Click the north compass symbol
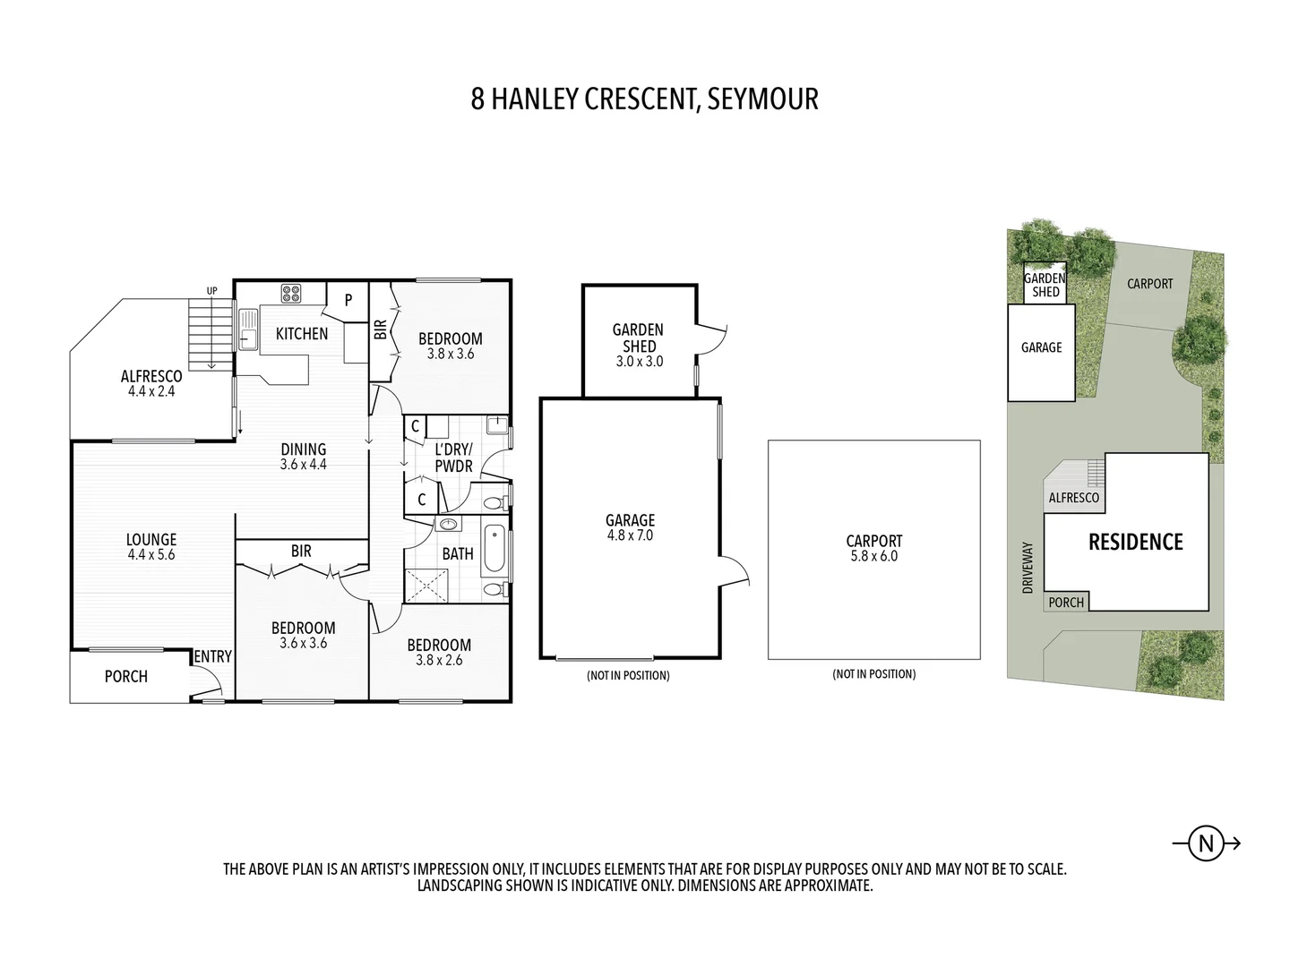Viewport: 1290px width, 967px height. pos(1206,843)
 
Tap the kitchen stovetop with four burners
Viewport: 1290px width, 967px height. pos(291,293)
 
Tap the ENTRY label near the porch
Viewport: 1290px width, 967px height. pos(213,656)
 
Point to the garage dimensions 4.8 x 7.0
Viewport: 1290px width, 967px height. pos(630,535)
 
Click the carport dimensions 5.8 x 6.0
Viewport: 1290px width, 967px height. pos(873,556)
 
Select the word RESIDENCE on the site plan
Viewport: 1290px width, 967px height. pos(1135,542)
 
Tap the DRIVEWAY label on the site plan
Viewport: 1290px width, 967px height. pos(1028,567)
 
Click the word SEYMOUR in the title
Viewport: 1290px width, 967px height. pos(762,98)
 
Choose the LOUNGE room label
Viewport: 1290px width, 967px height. pos(151,539)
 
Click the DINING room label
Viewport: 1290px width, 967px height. pos(303,449)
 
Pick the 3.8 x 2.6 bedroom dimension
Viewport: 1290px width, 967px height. pos(439,661)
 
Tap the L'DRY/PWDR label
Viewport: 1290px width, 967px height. pos(453,458)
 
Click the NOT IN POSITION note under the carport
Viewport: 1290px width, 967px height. pos(873,674)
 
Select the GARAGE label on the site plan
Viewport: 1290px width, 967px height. pos(1041,347)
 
